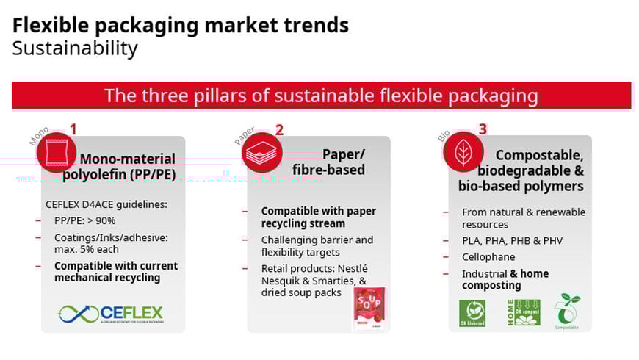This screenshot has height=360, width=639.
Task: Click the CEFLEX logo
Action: pos(110,314)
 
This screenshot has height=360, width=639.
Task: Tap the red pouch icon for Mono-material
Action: pos(56,152)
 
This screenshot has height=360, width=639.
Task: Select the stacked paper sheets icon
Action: pos(261,152)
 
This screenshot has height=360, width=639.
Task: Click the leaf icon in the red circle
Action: pos(463,152)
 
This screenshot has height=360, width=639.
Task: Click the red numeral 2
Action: pos(279,130)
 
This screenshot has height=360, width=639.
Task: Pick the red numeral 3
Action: pos(483,129)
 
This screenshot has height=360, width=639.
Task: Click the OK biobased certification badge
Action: pos(472,313)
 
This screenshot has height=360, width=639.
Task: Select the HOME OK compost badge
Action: pos(523,312)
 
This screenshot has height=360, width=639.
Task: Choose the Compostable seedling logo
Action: pos(566,312)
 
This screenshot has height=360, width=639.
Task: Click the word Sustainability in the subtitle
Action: pos(75,48)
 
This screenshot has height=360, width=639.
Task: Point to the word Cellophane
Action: pos(488,257)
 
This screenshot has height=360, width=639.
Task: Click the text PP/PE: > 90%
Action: pos(84,220)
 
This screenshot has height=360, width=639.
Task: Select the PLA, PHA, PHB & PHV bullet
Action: pos(512,241)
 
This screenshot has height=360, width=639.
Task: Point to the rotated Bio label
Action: pos(444,136)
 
